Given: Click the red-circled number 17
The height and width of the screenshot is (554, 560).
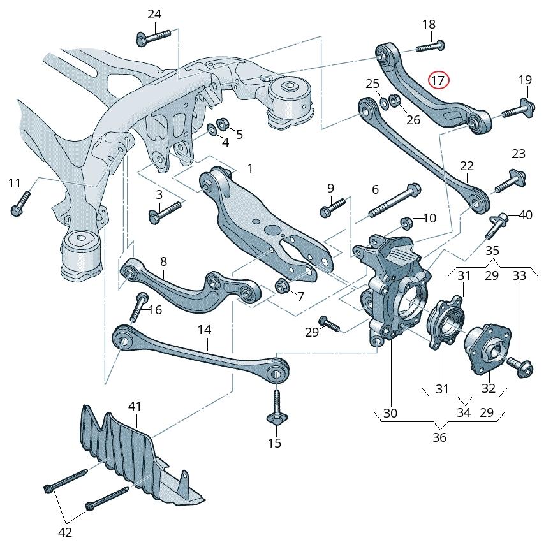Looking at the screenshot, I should (438, 80).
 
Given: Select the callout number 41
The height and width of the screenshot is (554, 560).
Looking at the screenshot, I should (135, 406).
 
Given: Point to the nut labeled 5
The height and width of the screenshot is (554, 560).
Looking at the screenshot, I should (223, 123).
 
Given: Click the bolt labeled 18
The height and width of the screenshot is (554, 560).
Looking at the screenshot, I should (430, 45).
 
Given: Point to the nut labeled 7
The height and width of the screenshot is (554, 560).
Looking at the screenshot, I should (281, 287).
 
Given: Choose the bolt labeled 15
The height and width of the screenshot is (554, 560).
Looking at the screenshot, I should (276, 408).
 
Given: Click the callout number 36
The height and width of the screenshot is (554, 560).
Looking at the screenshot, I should (439, 437).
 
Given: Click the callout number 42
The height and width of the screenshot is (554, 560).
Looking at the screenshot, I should (65, 532).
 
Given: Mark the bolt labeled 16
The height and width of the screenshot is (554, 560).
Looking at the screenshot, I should (138, 307).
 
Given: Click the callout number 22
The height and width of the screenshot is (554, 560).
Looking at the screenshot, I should (467, 166).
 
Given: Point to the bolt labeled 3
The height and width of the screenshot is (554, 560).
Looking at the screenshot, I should (165, 212).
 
